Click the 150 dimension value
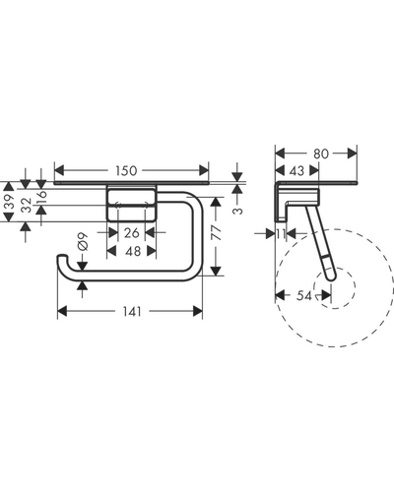point(126,170)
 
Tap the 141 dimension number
point(132,311)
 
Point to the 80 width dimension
point(320,154)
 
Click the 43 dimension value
point(296,170)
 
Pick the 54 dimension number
point(304,296)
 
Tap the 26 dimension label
point(132,233)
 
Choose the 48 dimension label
point(133,251)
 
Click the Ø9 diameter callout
point(83,241)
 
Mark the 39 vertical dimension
point(10,202)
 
